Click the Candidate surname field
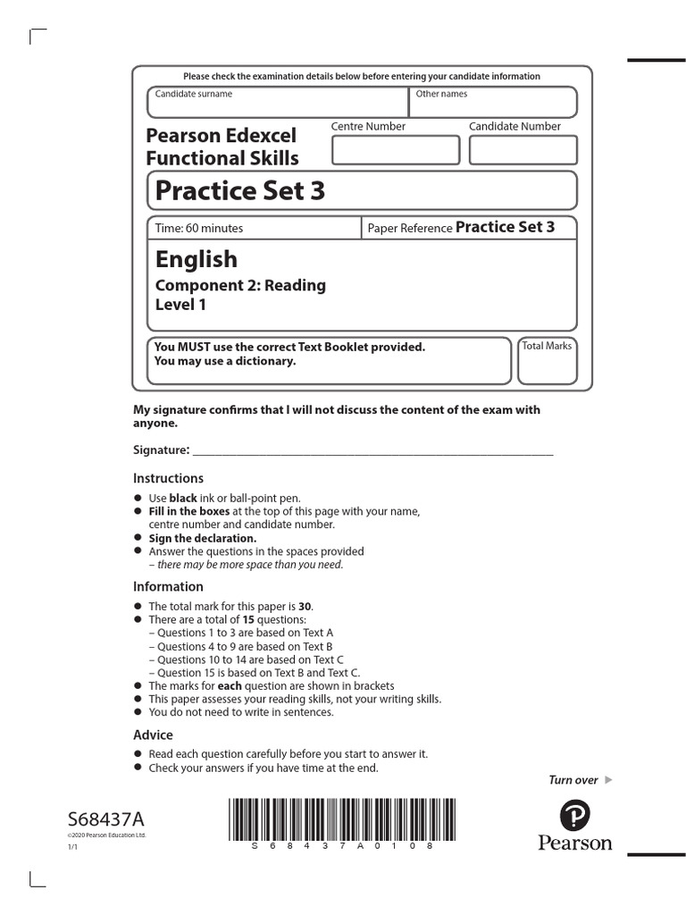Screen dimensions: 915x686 (x=278, y=102)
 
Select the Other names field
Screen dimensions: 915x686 (x=492, y=102)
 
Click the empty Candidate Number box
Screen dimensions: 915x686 (x=523, y=149)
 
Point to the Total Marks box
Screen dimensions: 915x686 (x=547, y=360)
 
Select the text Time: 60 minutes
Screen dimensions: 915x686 (x=199, y=228)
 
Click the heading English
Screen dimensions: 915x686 (x=197, y=259)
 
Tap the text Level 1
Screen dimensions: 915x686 (x=181, y=305)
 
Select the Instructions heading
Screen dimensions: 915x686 (x=168, y=478)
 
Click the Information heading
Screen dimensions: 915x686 (x=168, y=586)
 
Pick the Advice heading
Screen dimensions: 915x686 (x=153, y=735)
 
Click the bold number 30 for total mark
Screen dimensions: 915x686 (x=305, y=606)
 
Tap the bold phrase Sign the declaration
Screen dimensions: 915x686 (x=203, y=539)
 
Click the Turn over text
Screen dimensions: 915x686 (x=573, y=780)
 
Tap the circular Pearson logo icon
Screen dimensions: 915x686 (x=574, y=815)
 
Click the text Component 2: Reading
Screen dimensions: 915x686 (x=240, y=285)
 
